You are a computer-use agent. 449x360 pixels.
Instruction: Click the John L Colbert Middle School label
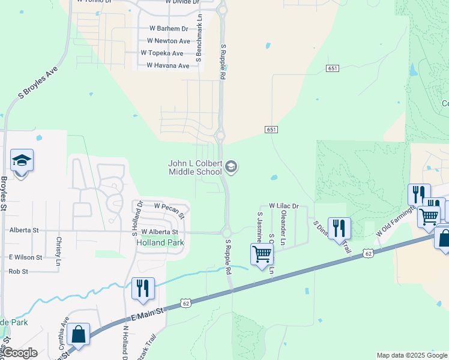coord(195,167)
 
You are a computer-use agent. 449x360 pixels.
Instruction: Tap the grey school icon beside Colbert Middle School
coord(232,167)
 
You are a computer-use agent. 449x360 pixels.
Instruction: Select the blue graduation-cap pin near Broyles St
coord(22,161)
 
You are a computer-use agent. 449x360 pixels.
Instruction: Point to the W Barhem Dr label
coord(169,28)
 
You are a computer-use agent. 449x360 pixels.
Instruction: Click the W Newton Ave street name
coord(169,41)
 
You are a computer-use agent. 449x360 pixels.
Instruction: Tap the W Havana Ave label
coord(168,65)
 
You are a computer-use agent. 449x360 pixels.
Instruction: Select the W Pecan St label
coord(169,206)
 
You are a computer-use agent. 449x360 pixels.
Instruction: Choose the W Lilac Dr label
coord(283,205)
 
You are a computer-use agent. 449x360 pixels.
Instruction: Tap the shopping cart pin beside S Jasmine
coord(262,254)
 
